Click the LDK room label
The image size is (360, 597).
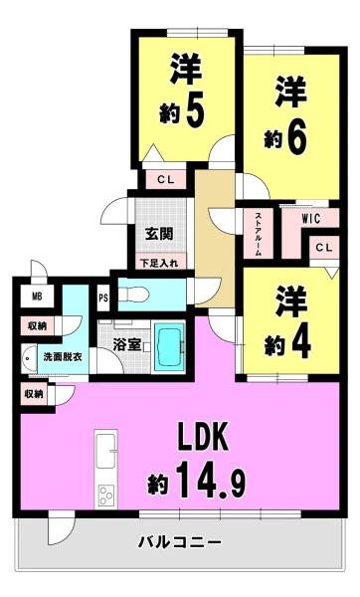[x=203, y=437]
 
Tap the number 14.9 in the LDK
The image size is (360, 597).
[x=211, y=480]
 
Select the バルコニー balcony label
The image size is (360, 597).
[x=180, y=542]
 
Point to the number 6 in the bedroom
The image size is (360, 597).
[x=297, y=138]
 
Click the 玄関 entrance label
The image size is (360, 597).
[x=159, y=234]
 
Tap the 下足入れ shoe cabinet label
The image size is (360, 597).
[x=159, y=263]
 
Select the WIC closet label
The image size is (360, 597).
[x=311, y=219]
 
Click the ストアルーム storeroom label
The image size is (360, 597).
[x=258, y=234]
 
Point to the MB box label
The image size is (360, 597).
[x=37, y=297]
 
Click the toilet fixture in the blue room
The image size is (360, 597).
[x=133, y=295]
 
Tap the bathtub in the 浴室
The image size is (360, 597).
[x=169, y=346]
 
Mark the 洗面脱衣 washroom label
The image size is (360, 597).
[x=63, y=357]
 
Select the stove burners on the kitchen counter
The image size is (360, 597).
[x=105, y=495]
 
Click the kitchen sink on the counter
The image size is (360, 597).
[x=105, y=451]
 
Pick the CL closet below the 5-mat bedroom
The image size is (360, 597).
[x=166, y=180]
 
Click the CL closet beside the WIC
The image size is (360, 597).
[x=324, y=248]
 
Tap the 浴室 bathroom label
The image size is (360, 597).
[x=126, y=345]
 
